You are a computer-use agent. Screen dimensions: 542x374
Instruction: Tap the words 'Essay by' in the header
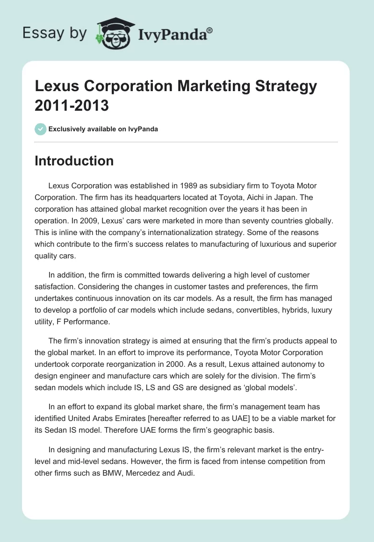click(55, 34)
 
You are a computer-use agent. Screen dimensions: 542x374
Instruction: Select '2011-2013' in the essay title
click(72, 105)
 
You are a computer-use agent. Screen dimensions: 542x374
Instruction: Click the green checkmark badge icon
click(41, 129)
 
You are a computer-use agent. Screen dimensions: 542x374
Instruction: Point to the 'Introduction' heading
click(74, 161)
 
